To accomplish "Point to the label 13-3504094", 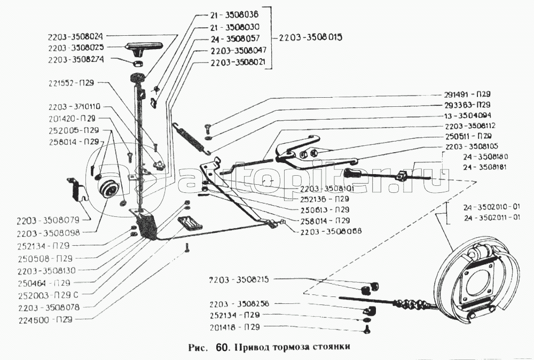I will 467,115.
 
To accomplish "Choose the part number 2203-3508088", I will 331,231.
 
